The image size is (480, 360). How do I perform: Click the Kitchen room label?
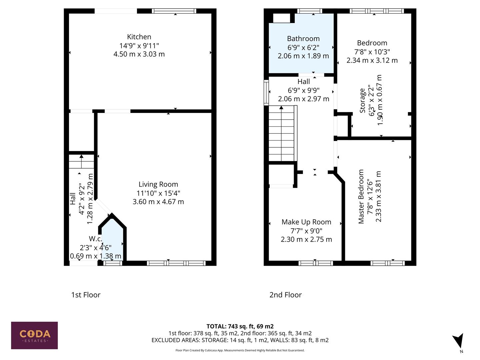[x=139, y=37]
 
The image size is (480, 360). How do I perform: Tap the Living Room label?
[x=158, y=184]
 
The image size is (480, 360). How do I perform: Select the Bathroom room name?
[x=303, y=39]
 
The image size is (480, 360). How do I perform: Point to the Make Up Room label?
[x=306, y=222]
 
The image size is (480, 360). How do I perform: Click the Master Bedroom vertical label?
[x=361, y=197]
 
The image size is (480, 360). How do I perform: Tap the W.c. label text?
[x=95, y=239]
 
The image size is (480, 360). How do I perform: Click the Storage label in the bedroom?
[x=362, y=101]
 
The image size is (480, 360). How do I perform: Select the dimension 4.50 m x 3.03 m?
[x=139, y=54]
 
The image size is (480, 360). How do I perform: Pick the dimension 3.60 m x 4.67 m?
[x=158, y=202]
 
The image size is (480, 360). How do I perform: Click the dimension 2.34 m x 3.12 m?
[x=372, y=60]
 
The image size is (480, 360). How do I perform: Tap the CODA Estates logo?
[x=34, y=335]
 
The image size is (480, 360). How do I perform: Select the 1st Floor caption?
[x=86, y=295]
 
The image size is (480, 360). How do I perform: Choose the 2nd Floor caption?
[x=285, y=295]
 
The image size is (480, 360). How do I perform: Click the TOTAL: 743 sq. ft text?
[x=240, y=326]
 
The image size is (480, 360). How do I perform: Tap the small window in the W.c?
[x=112, y=263]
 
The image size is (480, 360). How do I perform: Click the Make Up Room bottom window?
[x=315, y=263]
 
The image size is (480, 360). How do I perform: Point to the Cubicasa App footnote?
[x=240, y=350]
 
